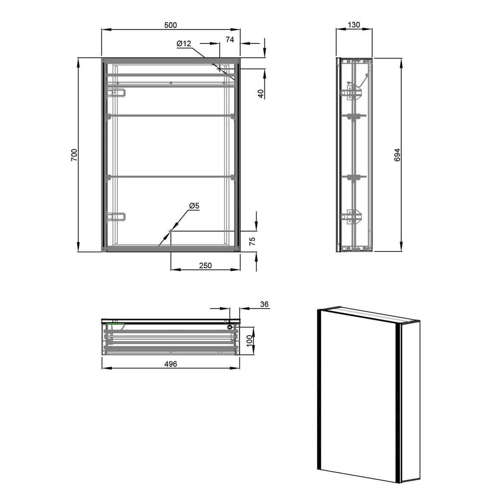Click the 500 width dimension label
[170, 25]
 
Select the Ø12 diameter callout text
[184, 43]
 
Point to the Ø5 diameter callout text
[194, 205]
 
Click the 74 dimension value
[230, 40]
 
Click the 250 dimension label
[205, 266]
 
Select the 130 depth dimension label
[353, 25]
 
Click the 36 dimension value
[264, 304]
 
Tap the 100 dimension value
[250, 340]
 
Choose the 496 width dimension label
[170, 364]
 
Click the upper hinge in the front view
[116, 93]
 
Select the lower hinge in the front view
[116, 216]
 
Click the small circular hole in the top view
[230, 327]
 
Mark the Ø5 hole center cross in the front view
[170, 231]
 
